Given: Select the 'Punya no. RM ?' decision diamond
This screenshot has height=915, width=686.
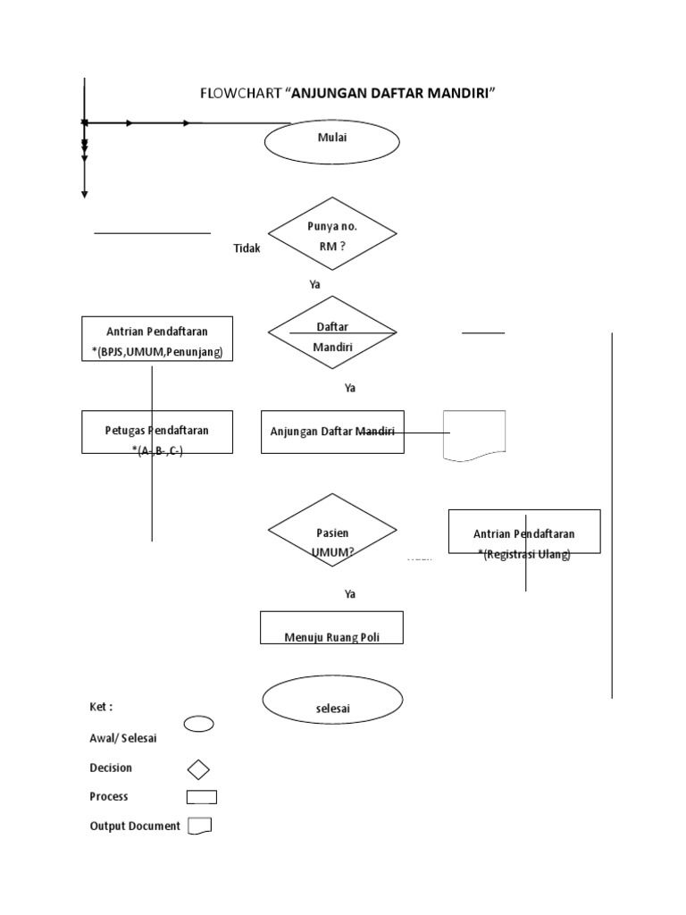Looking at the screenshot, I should coord(332,237).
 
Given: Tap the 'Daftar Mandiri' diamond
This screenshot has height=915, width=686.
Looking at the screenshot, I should coord(332,337).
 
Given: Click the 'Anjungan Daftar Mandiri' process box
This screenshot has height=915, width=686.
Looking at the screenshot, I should coord(332,432).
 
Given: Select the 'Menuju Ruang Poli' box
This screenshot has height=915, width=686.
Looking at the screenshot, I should coord(331,628).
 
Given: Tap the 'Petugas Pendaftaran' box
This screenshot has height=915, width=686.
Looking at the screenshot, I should coord(157,432).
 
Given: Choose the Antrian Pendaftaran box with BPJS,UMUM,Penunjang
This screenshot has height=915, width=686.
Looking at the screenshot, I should coord(157,339).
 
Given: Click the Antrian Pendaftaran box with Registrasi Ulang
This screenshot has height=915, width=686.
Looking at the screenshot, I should coord(524,533).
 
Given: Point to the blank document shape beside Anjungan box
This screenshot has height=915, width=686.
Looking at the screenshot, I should coord(474,435).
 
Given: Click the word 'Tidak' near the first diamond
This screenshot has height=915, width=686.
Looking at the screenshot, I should coord(247,249).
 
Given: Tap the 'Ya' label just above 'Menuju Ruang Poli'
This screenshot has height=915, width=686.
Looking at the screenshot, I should coord(350,593).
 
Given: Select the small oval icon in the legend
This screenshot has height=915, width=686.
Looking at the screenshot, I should coord(198,724).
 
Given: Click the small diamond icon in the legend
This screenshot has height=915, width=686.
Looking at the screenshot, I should coord(198,768).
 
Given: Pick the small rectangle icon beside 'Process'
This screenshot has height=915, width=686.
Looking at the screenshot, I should coord(201,797).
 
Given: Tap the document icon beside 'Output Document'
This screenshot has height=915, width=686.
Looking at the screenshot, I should coord(199,826).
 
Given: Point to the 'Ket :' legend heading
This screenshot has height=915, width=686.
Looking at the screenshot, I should coord(101,707).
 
